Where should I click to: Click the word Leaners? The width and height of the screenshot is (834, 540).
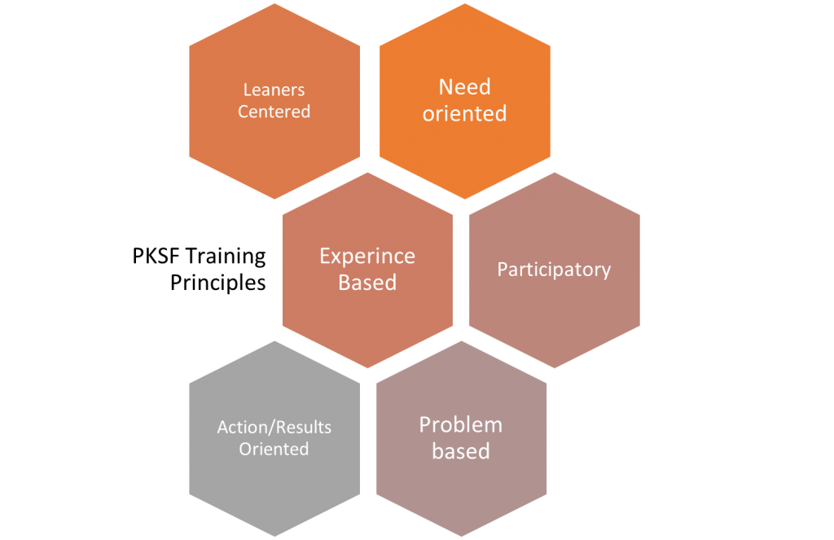274,90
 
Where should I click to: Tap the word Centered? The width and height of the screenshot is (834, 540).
274,112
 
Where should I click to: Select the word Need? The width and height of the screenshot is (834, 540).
464,87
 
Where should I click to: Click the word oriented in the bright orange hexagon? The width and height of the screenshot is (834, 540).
464,113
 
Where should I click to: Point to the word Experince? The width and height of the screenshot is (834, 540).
367,257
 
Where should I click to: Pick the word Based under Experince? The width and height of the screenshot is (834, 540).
367,283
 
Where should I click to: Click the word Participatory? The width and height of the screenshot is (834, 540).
554,270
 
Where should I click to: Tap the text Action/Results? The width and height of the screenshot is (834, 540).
274,427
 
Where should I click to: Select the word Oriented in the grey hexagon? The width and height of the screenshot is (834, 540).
274,449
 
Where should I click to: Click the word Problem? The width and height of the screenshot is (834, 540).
460,425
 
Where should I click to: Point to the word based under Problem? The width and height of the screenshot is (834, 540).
460,451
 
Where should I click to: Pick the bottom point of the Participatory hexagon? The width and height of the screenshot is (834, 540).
555,368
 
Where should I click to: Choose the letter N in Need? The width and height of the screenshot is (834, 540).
446,87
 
